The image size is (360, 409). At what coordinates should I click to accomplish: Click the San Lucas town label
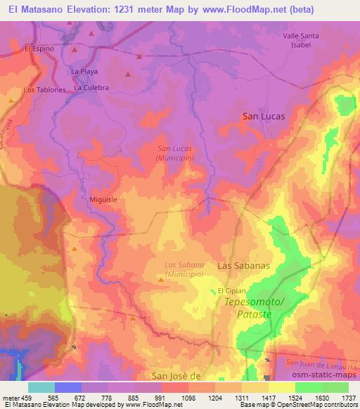point(264,117)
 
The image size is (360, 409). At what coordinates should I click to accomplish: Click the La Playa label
point(84,72)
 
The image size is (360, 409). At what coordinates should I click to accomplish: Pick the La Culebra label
point(92,88)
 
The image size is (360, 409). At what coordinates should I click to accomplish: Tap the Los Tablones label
point(44,90)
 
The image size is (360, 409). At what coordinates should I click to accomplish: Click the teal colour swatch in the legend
point(41,387)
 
